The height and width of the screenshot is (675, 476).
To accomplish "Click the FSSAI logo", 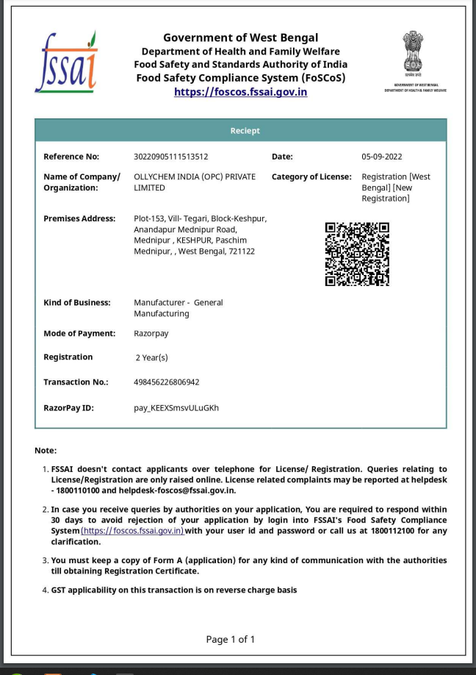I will pos(65,62).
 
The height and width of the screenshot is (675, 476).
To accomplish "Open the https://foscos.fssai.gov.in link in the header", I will pos(240,92).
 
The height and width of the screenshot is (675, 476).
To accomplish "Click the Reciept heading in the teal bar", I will pos(245,131).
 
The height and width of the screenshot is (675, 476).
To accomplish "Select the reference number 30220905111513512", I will pos(170,157).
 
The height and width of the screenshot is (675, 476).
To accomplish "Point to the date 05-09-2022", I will pos(381,157).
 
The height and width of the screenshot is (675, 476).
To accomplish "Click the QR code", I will pos(357,254).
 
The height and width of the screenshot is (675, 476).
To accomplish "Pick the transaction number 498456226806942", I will pos(167,382).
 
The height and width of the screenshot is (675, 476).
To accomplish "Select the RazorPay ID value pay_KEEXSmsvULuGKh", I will pos(176,407).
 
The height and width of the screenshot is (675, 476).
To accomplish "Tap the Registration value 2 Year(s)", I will pos(151,358).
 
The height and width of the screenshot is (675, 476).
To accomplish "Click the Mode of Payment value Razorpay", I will pos(151,334).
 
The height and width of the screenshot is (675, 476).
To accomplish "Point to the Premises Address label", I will pos(79,218).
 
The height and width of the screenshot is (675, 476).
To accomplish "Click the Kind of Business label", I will pos(76,303).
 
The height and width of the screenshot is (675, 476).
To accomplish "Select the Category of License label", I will pos(311,177).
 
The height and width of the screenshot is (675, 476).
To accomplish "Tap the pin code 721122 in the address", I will pos(241,251).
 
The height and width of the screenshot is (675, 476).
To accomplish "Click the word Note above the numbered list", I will pos(46,450).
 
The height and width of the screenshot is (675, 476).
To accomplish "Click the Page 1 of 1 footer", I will pos(230,639).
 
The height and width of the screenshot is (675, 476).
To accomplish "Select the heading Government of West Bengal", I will pos(240,37).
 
